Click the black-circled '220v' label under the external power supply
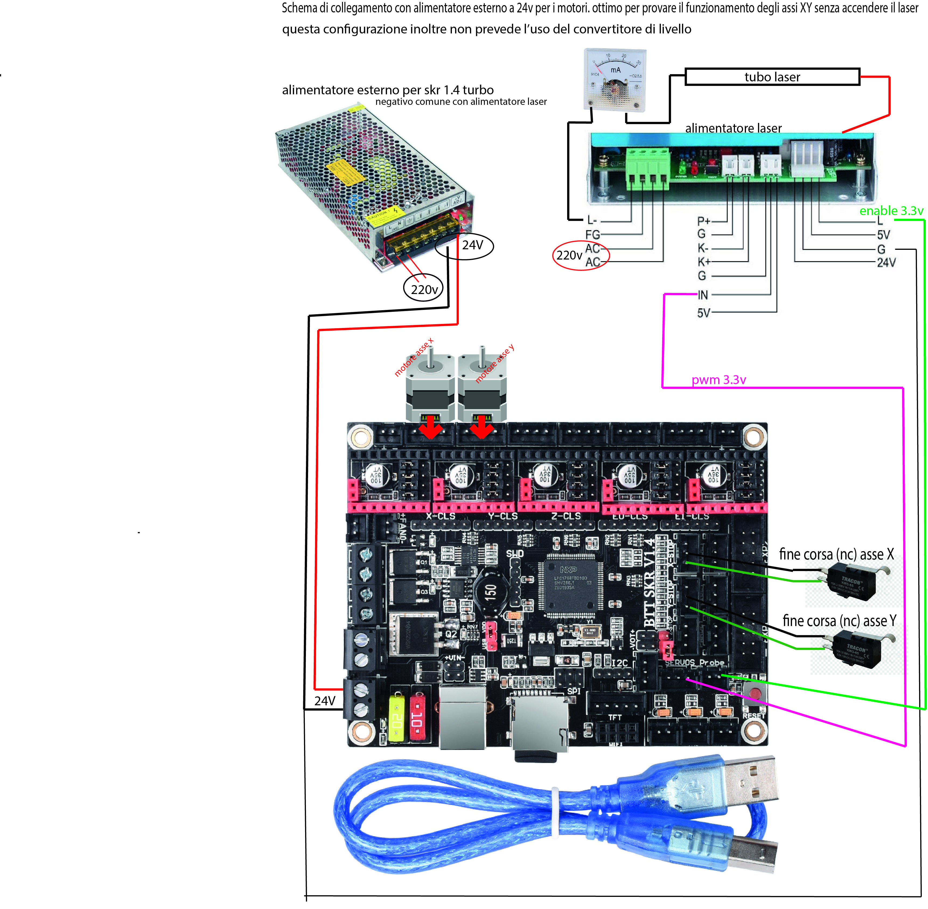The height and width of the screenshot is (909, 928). [424, 289]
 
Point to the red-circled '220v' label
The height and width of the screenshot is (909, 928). [569, 255]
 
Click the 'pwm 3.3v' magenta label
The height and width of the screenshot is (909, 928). [718, 380]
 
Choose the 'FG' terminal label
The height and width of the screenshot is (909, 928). [592, 234]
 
